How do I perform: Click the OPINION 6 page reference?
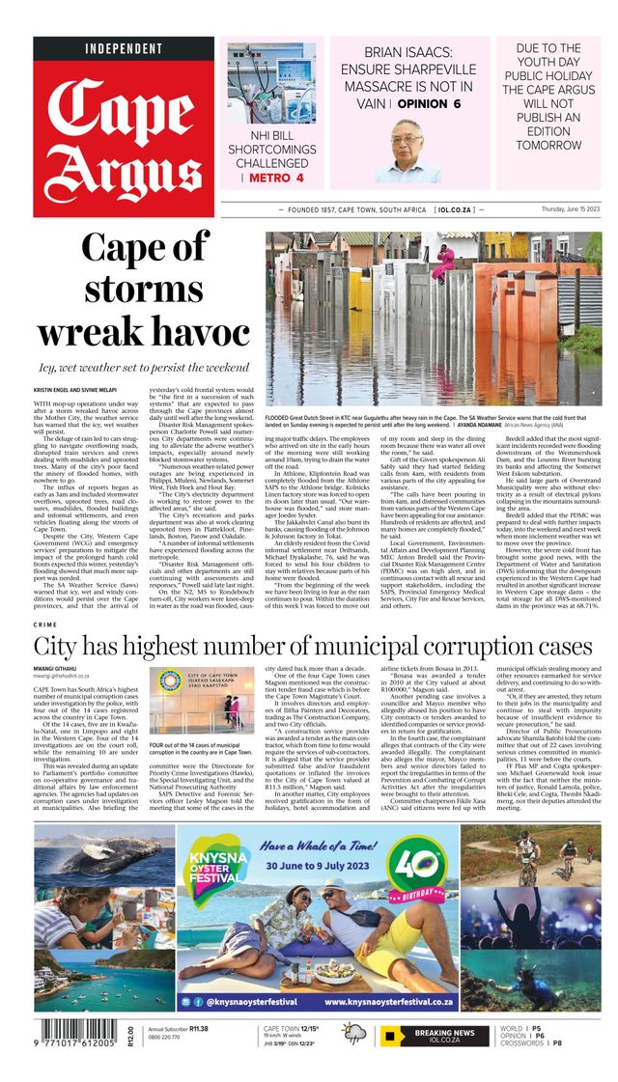(426, 103)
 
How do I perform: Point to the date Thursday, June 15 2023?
(571, 209)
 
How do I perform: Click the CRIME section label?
(44, 625)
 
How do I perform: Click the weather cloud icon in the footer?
(354, 1036)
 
